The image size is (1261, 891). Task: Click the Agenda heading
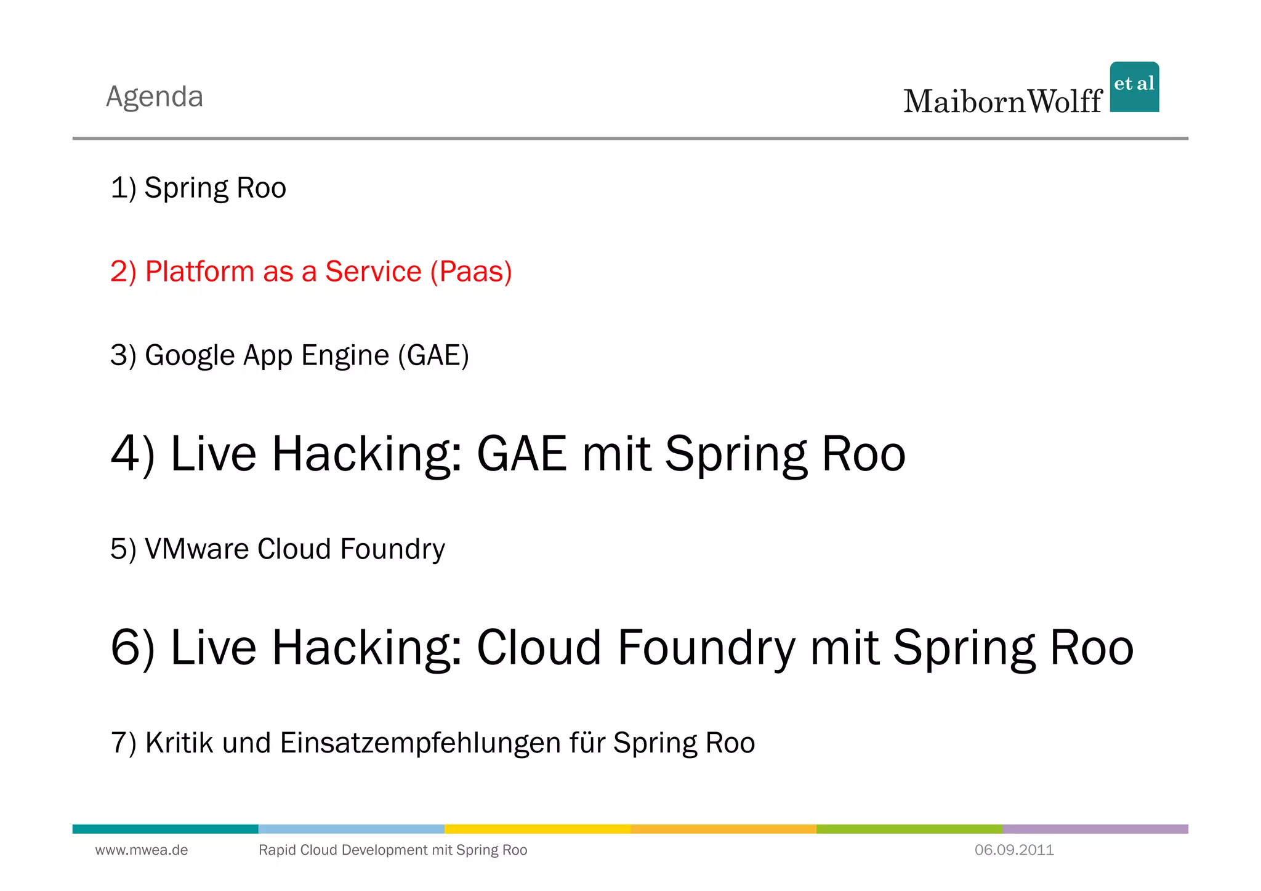[x=155, y=97]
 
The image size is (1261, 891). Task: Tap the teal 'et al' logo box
[x=1134, y=87]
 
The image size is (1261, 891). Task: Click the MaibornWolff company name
[x=1002, y=102]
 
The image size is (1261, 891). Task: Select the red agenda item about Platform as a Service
[x=311, y=272]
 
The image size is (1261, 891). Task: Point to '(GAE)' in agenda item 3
[x=433, y=356]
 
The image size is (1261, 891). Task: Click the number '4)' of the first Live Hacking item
[x=132, y=454]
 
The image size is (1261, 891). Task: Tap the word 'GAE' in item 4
[x=522, y=454]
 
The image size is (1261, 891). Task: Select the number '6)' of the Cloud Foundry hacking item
[x=132, y=647]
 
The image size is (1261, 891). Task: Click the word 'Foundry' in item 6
[x=706, y=647]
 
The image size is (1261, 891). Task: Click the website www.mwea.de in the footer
[x=141, y=850]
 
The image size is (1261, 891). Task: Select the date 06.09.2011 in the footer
[x=1013, y=850]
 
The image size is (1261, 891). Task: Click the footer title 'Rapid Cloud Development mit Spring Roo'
[x=392, y=850]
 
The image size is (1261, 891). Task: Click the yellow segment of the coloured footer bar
[x=537, y=829]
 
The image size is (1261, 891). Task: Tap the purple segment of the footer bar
[x=1095, y=829]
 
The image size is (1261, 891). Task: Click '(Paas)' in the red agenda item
[x=471, y=272]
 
